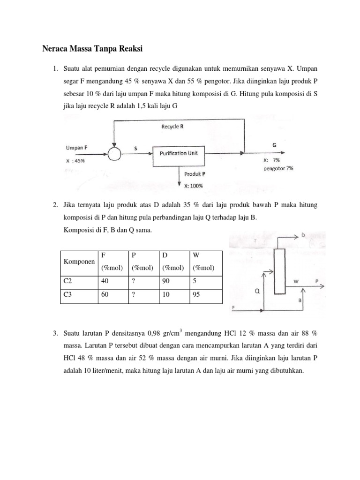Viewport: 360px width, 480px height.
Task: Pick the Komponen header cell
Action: [x=77, y=262]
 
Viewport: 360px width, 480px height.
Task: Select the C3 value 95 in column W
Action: [x=196, y=296]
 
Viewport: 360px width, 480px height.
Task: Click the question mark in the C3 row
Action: [x=134, y=296]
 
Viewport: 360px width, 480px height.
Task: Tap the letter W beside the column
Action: [x=296, y=281]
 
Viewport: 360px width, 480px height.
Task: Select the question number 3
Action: [x=55, y=333]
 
